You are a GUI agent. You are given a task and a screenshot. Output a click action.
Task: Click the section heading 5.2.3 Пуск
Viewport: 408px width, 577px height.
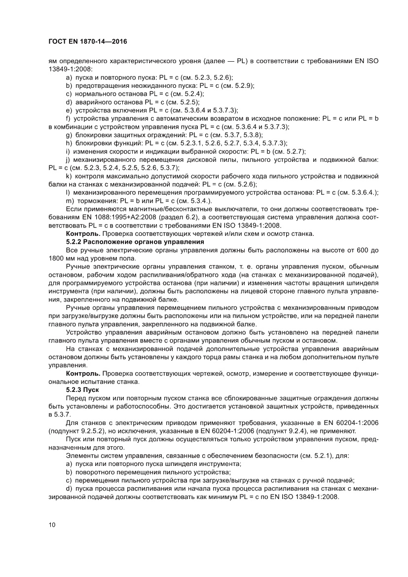[x=82, y=389]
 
